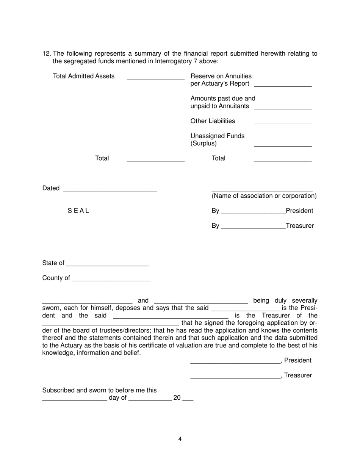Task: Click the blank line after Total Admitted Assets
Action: [155, 78]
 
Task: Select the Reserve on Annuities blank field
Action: [282, 86]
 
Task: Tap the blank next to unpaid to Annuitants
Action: [282, 109]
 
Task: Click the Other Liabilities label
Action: [213, 121]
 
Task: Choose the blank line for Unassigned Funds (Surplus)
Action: [282, 145]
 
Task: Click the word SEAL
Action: [78, 211]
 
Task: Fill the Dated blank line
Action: [110, 191]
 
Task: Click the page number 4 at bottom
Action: [180, 439]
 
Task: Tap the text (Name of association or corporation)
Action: [264, 196]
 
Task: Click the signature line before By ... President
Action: [253, 213]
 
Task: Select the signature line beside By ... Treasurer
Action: [253, 228]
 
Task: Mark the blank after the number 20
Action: [188, 400]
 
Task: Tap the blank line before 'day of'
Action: [75, 400]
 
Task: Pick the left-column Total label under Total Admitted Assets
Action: [102, 158]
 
